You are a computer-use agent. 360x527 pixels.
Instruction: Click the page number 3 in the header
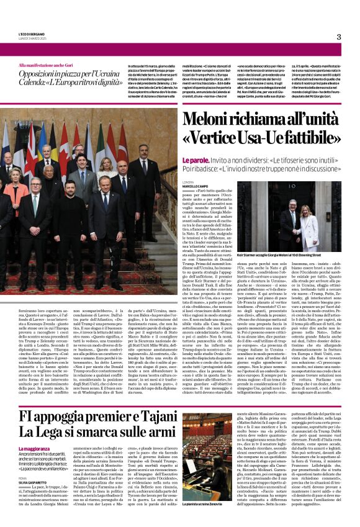pos(338,37)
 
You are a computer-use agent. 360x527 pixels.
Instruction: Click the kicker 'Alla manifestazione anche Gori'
pos(49,65)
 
